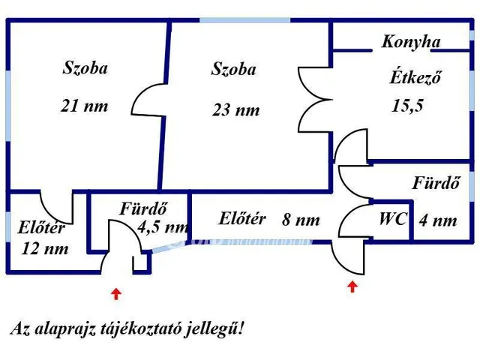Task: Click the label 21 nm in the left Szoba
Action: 85,106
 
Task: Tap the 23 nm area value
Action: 235,110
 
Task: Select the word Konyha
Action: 411,42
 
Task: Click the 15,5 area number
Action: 407,106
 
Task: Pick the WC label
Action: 393,220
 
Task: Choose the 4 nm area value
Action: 438,220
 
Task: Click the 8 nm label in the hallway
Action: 301,220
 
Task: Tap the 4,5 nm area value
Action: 163,226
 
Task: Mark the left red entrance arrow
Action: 115,293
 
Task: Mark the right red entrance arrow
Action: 352,286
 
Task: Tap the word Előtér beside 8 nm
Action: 242,219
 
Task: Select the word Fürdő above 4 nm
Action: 435,182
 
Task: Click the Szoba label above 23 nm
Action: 234,70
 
